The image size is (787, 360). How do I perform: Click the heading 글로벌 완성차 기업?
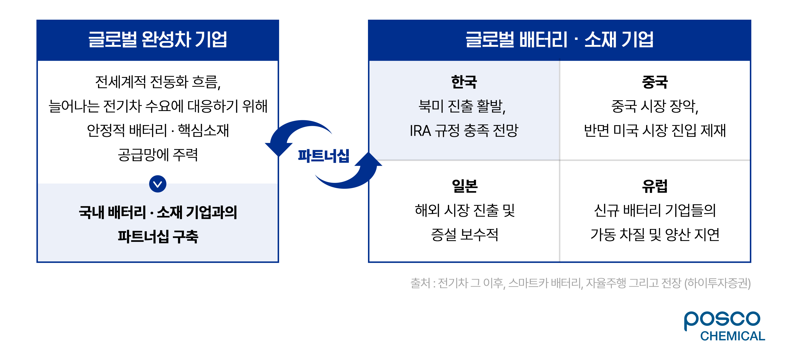point(158,40)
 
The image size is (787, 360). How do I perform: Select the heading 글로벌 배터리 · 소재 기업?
point(559,40)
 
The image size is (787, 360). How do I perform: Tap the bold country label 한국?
point(464,82)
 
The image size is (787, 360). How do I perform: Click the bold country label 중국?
point(655,82)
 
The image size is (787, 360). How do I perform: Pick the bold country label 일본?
point(464,186)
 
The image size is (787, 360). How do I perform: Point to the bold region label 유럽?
point(655,186)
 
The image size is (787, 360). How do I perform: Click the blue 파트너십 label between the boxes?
point(324,156)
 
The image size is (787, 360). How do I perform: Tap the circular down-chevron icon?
point(158,184)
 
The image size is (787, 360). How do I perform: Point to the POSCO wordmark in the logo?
point(722,320)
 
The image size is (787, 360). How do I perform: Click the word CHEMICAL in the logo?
point(733,336)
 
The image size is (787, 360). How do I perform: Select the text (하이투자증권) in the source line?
point(717,283)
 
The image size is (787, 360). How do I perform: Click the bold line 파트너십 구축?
point(158,236)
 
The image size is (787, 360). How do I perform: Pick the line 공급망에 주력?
point(158,155)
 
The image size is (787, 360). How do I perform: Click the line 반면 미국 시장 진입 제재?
point(655,130)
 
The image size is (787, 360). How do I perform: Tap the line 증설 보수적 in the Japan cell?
point(464,235)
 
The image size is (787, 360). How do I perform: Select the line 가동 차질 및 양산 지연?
point(655,235)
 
